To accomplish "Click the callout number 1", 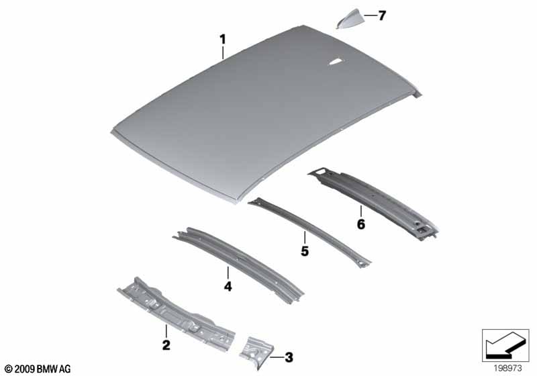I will point(223,40).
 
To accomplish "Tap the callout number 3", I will point(289,357).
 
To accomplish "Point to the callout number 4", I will point(228,287).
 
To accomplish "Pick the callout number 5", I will point(304,251).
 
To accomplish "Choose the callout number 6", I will point(360,224).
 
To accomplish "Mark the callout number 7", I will point(382,15).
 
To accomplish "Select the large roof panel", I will point(255,121).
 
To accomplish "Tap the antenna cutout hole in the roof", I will point(334,62).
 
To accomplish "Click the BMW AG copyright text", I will point(37,369).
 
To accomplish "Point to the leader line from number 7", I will point(369,15).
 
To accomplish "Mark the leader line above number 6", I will point(360,211).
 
